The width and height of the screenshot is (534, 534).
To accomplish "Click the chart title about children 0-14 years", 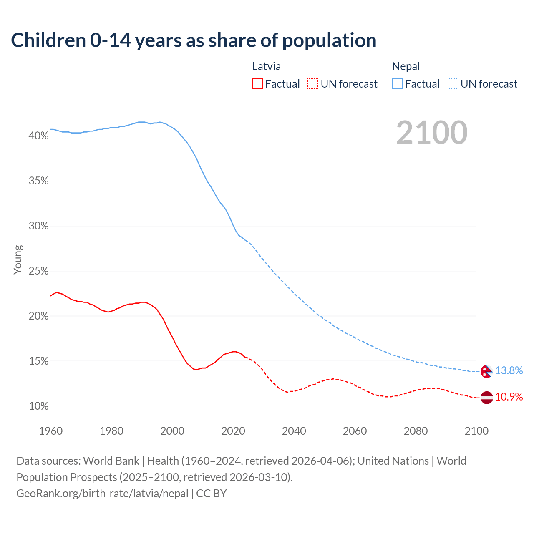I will (x=194, y=40).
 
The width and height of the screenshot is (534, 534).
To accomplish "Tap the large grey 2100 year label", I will (x=432, y=133).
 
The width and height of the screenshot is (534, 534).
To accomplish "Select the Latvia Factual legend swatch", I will (x=257, y=83).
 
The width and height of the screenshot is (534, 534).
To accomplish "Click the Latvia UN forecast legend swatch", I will (x=313, y=83).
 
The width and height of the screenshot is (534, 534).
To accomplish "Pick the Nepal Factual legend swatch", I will (x=397, y=83).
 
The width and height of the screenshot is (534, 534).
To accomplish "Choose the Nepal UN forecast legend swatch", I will (x=453, y=83).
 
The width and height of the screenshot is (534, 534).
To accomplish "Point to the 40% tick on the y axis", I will (x=38, y=136).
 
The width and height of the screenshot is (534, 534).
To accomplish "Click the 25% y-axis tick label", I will (x=38, y=271).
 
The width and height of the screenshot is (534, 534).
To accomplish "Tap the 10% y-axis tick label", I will (x=38, y=406).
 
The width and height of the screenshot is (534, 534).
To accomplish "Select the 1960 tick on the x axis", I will (x=50, y=431).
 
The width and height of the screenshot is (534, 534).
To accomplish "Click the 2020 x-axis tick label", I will (x=233, y=431).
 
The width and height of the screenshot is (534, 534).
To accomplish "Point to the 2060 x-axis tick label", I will (x=355, y=431).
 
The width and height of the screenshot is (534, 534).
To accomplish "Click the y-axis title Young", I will (x=18, y=259).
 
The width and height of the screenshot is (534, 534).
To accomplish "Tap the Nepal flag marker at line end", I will (x=486, y=371).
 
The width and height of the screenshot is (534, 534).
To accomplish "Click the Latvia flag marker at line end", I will (x=486, y=397).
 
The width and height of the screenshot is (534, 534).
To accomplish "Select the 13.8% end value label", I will (x=509, y=370).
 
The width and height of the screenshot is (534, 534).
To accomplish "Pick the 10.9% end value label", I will (x=509, y=397).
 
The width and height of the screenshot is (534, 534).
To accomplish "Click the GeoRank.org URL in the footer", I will (x=102, y=494).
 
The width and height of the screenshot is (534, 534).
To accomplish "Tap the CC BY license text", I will (x=212, y=494).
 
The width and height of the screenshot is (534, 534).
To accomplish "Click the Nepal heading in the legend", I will (x=406, y=66).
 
